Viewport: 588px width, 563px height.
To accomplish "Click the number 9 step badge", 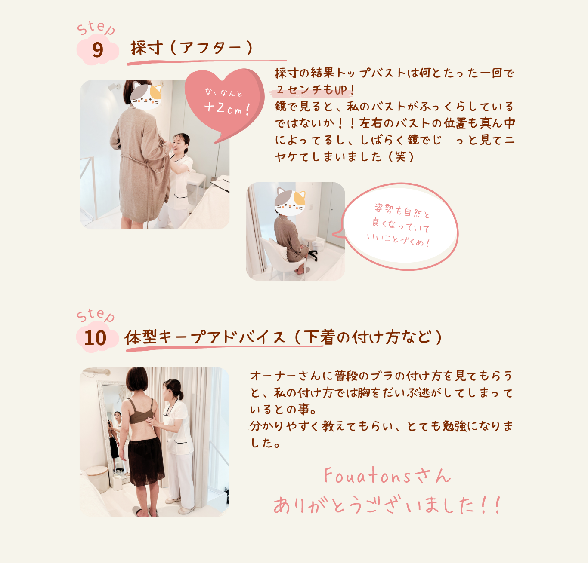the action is [x=98, y=49].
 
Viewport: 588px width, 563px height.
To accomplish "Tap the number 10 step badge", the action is [x=97, y=337].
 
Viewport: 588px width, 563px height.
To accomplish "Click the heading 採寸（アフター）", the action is [x=192, y=48].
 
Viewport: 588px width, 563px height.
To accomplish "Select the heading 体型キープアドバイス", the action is [x=205, y=337].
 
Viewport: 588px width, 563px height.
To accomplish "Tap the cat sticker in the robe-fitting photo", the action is [x=146, y=96].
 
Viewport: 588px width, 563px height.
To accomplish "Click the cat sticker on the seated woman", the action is [x=290, y=202].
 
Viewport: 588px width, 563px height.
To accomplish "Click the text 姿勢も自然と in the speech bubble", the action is [x=402, y=210].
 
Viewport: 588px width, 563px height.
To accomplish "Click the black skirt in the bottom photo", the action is [x=146, y=461].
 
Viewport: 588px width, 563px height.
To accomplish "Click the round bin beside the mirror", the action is [x=97, y=479].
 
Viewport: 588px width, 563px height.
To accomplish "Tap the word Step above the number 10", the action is [x=96, y=315].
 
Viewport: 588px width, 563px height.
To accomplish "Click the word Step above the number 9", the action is [x=96, y=28].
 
